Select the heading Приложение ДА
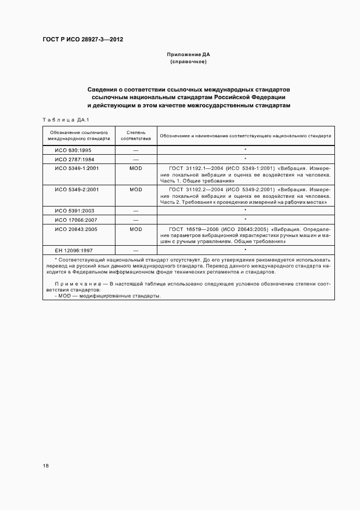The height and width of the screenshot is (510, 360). pyautogui.click(x=188, y=55)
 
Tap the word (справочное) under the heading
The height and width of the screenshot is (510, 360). pyautogui.click(x=188, y=62)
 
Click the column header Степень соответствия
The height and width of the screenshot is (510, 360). pyautogui.click(x=135, y=135)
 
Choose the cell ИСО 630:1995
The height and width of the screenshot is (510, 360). pyautogui.click(x=74, y=150)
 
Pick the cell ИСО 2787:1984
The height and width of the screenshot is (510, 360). pyautogui.click(x=75, y=159)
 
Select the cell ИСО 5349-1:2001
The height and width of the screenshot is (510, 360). pyautogui.click(x=77, y=168)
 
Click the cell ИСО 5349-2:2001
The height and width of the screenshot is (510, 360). pyautogui.click(x=77, y=189)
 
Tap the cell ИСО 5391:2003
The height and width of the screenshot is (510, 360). pyautogui.click(x=75, y=210)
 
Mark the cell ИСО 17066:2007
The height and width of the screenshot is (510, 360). pyautogui.click(x=76, y=219)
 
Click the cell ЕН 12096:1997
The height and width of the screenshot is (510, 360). pyautogui.click(x=75, y=250)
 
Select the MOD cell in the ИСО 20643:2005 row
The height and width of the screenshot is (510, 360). pyautogui.click(x=136, y=229)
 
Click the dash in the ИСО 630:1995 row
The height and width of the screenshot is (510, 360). pyautogui.click(x=136, y=150)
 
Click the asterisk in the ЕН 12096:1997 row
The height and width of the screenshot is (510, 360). pyautogui.click(x=246, y=250)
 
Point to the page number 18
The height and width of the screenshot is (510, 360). pyautogui.click(x=45, y=465)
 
